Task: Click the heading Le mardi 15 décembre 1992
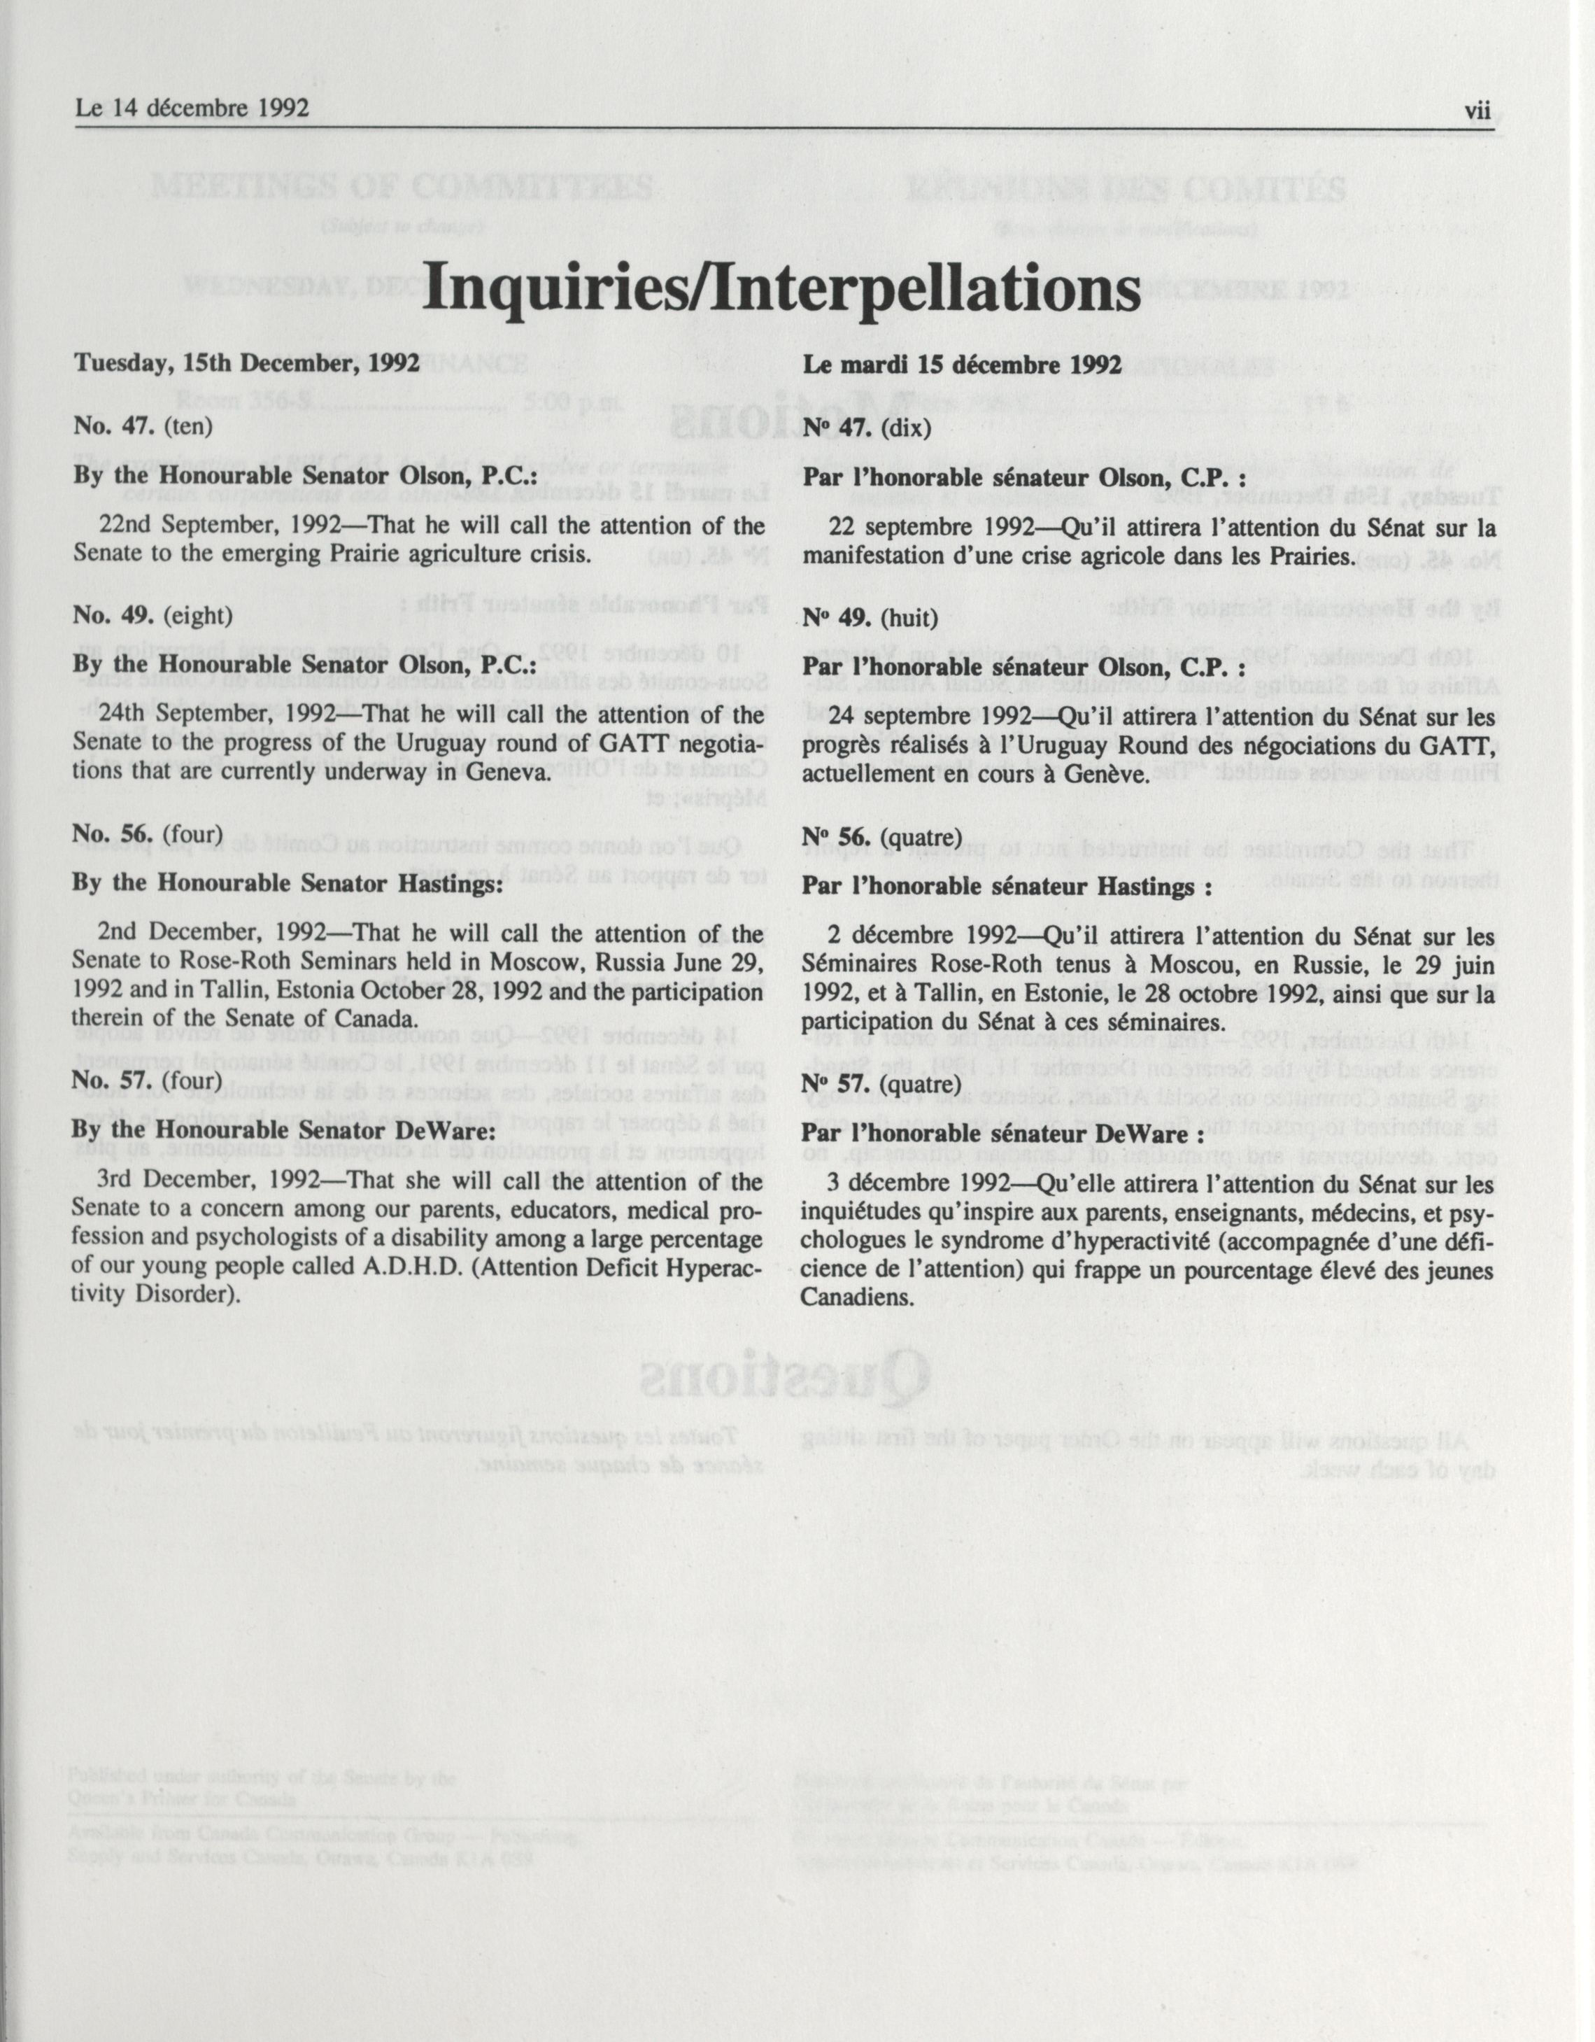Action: pos(961,364)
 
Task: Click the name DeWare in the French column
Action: pos(1153,1133)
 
